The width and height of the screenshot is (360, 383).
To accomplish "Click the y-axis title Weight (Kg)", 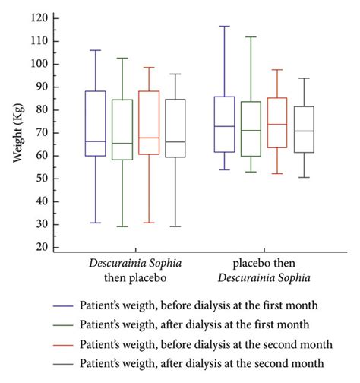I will coord(17,133).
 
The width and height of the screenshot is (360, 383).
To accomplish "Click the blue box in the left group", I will coord(95,123).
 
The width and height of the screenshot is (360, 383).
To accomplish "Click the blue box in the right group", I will coord(225,125).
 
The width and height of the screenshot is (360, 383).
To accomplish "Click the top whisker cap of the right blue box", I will coord(225,26).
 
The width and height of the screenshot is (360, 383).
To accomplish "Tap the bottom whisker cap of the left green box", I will coord(122,226).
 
